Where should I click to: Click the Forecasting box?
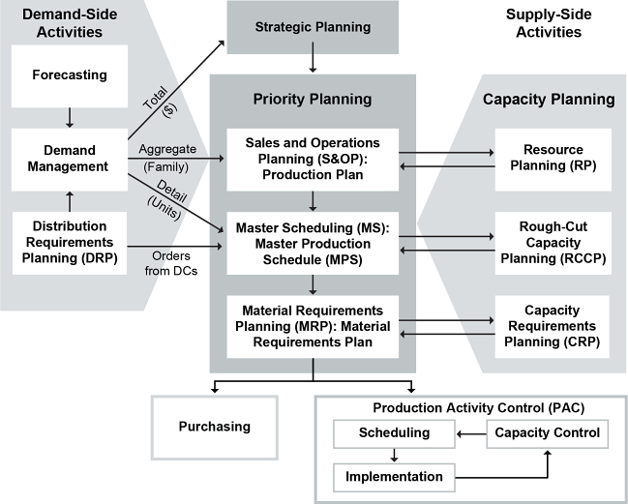pyautogui.click(x=70, y=74)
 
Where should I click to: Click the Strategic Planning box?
pyautogui.click(x=313, y=27)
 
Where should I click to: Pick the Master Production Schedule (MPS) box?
pyautogui.click(x=313, y=237)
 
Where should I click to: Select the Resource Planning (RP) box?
pyautogui.click(x=552, y=158)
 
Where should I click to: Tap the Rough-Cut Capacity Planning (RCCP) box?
pyautogui.click(x=552, y=240)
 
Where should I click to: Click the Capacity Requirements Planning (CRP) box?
pyautogui.click(x=552, y=326)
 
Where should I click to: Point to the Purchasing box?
pyautogui.click(x=214, y=427)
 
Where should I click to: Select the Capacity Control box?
pyautogui.click(x=548, y=433)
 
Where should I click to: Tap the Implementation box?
pyautogui.click(x=394, y=476)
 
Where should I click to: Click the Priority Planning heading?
pyautogui.click(x=313, y=99)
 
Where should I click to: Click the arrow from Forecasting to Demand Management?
pyautogui.click(x=70, y=117)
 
